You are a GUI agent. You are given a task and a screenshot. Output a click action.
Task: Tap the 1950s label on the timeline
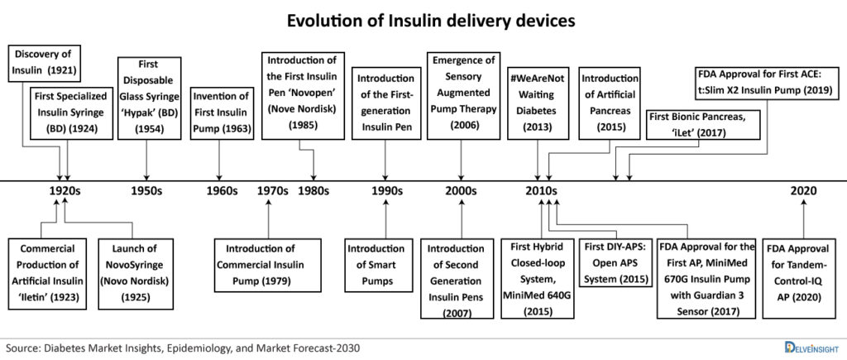(146, 190)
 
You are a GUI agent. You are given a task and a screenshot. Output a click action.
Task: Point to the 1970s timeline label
(272, 190)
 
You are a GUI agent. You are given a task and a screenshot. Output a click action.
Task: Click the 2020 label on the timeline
(803, 190)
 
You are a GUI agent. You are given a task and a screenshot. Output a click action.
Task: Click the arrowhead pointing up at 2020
(803, 203)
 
